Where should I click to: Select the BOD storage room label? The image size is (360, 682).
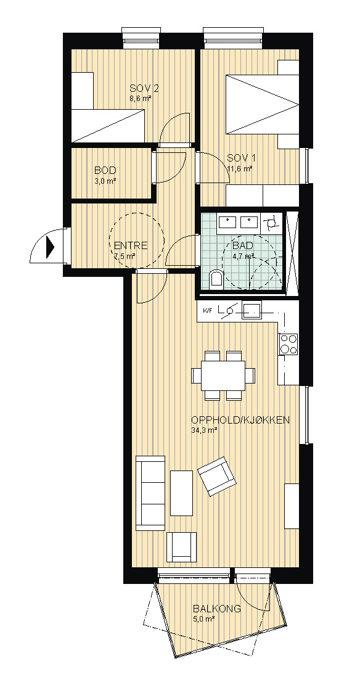(x=105, y=170)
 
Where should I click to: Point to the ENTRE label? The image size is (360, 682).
(x=131, y=246)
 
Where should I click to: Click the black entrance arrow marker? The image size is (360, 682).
(x=49, y=247)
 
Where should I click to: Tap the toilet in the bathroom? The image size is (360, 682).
(x=216, y=279)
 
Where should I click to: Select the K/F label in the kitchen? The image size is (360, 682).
(x=207, y=311)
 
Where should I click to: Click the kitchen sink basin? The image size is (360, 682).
(x=252, y=311)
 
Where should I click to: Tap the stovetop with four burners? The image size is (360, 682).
(x=288, y=344)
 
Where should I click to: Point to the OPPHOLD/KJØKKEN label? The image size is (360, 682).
(x=240, y=421)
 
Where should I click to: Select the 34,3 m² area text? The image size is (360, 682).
(x=203, y=430)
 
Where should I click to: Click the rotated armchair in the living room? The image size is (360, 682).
(x=217, y=476)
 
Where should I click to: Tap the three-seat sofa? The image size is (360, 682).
(x=150, y=493)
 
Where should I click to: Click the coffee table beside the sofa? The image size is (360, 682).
(x=181, y=493)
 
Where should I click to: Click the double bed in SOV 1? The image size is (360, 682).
(x=263, y=104)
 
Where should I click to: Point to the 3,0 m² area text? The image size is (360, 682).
(x=105, y=181)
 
